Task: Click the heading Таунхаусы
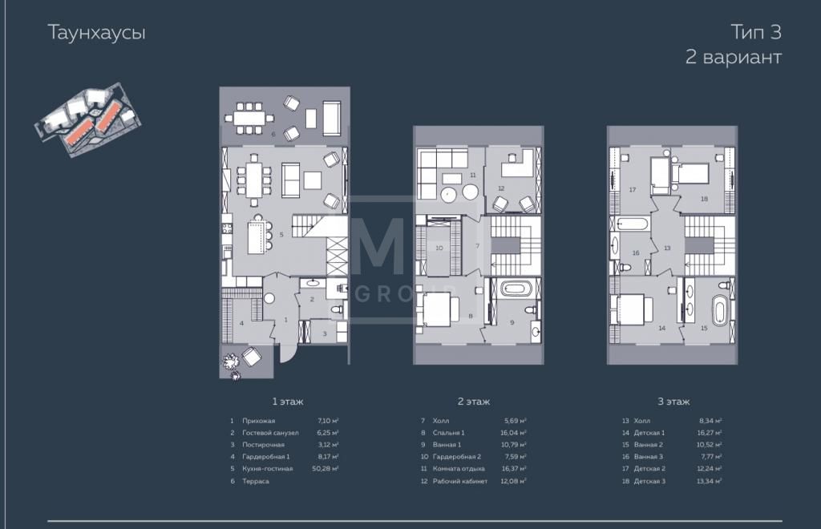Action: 96,33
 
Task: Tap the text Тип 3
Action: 756,32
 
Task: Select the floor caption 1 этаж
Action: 288,402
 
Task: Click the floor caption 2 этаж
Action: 474,402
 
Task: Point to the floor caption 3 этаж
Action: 673,402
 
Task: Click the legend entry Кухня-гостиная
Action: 268,469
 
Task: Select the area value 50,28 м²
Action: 326,469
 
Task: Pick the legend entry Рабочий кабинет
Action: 459,482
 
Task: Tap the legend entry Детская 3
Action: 649,482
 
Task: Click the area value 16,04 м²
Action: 513,433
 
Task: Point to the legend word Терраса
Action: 256,482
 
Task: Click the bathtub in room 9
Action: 517,289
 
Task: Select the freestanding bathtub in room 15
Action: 721,310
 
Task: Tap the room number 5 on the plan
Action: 281,235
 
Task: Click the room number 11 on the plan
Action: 473,176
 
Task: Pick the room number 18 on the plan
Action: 704,199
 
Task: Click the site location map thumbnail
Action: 87,119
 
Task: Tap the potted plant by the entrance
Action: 230,361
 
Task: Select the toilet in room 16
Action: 625,268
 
